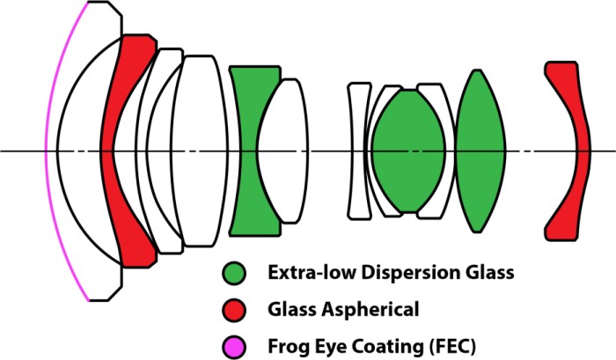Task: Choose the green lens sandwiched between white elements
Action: [x=407, y=151]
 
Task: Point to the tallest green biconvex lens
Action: [x=478, y=151]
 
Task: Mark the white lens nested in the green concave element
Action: [x=283, y=151]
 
